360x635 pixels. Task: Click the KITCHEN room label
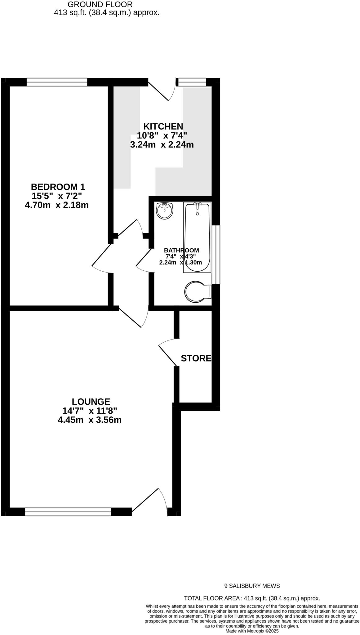click(163, 127)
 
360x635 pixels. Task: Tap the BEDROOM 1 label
click(58, 187)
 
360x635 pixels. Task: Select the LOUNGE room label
click(91, 402)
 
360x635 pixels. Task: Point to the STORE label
click(196, 358)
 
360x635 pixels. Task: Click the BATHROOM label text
click(181, 250)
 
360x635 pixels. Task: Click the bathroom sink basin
click(164, 211)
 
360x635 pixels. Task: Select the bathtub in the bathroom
click(197, 237)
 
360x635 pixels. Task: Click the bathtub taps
click(197, 205)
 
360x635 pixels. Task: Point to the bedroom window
click(57, 82)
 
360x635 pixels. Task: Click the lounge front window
click(68, 511)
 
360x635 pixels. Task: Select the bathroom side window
click(216, 254)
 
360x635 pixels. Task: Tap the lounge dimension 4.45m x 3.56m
click(90, 420)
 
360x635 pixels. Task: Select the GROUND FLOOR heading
click(100, 5)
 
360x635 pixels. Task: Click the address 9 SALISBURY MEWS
click(252, 586)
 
